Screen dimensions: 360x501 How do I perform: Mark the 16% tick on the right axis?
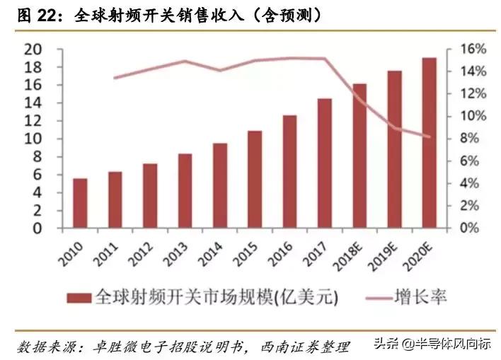466,50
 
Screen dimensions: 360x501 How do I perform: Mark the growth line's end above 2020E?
429,137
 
